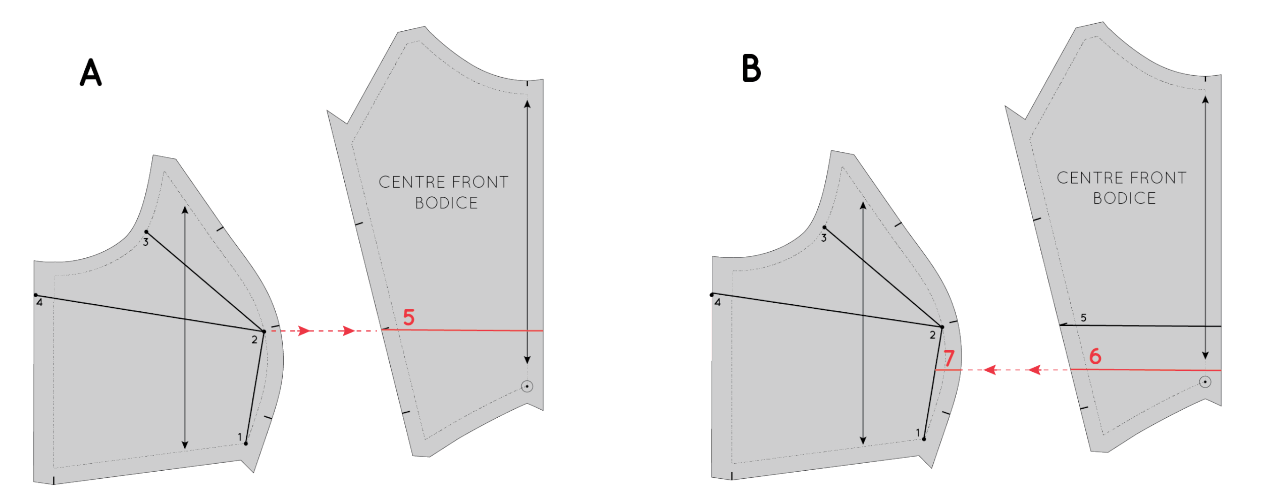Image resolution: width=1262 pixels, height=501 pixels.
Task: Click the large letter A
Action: (x=91, y=73)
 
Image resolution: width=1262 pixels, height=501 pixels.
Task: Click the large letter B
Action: (x=751, y=69)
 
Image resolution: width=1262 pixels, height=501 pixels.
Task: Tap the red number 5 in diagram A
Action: (x=409, y=317)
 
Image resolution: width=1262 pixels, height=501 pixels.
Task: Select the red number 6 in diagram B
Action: (x=1095, y=357)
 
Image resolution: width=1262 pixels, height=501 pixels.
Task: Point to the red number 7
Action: (x=950, y=359)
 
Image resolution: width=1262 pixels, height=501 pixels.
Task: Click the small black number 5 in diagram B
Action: (x=1083, y=318)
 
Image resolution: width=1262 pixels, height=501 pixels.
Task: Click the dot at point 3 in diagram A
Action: (x=146, y=232)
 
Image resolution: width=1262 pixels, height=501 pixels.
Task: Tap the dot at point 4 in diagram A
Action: (x=36, y=295)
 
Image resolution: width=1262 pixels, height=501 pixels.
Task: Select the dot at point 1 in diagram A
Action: (x=246, y=443)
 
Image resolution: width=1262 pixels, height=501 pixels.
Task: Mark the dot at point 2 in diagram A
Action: (x=264, y=331)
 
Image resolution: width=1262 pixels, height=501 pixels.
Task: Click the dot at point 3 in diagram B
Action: (x=824, y=228)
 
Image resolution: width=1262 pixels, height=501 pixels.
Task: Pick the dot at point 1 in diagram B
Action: (x=924, y=439)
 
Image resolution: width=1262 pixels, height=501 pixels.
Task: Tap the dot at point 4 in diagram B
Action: (x=712, y=295)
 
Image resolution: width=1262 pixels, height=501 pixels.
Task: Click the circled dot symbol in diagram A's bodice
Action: (x=527, y=386)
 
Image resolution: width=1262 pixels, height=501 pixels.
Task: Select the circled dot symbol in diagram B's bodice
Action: (x=1205, y=382)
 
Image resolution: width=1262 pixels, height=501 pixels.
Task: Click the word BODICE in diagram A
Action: (x=446, y=203)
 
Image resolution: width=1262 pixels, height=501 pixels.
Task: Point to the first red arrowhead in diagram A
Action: (x=304, y=331)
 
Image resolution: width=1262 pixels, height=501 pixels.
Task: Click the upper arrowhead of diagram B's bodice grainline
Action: (x=1205, y=99)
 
